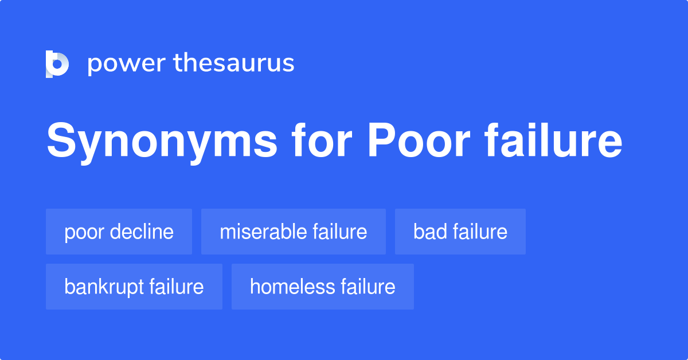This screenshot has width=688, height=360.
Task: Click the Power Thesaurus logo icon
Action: point(57,64)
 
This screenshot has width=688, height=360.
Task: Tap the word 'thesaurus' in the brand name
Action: point(234,64)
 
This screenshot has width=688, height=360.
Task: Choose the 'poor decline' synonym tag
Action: point(119,232)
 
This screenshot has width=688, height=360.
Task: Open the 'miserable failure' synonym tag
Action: point(294,232)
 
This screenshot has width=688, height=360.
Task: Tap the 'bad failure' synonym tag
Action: point(460,232)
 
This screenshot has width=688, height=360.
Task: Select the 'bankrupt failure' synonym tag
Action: point(134,287)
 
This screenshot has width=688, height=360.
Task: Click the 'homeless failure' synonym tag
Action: point(323,287)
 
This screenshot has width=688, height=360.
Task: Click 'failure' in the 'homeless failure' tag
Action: point(368,287)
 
